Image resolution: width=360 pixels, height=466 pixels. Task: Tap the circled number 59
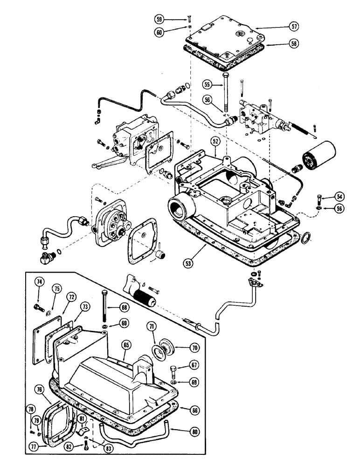point(160,20)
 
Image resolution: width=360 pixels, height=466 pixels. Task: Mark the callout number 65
point(126,345)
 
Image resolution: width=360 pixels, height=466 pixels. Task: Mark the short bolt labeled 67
point(174,370)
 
